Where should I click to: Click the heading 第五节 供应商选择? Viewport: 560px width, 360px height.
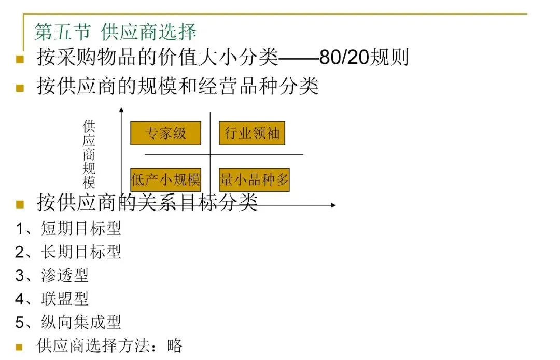point(115,32)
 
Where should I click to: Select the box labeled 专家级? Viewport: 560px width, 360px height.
point(165,133)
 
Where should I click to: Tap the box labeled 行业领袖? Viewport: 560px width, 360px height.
point(252,133)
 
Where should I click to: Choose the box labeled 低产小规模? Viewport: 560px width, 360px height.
point(165,180)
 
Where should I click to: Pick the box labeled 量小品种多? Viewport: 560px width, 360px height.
point(254,180)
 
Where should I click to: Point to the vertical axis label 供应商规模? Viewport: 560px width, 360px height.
point(89,155)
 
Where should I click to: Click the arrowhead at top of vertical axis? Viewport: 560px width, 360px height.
point(121,109)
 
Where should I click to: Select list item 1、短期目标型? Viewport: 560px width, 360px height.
point(68,228)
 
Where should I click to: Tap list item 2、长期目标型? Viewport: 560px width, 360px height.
point(68,252)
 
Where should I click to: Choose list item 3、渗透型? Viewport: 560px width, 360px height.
point(52,275)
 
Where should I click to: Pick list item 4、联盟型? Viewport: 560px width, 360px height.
point(52,298)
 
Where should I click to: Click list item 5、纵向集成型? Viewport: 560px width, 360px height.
point(68,322)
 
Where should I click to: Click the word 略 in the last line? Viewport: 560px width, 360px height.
point(175,345)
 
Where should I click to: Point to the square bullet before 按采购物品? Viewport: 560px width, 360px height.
point(20,59)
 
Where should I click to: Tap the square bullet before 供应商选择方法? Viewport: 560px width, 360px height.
point(19,347)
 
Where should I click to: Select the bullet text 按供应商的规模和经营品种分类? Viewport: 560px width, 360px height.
point(177,86)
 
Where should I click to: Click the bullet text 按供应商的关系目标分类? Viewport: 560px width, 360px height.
point(147,202)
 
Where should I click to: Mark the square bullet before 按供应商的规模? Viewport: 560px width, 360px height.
point(20,88)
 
